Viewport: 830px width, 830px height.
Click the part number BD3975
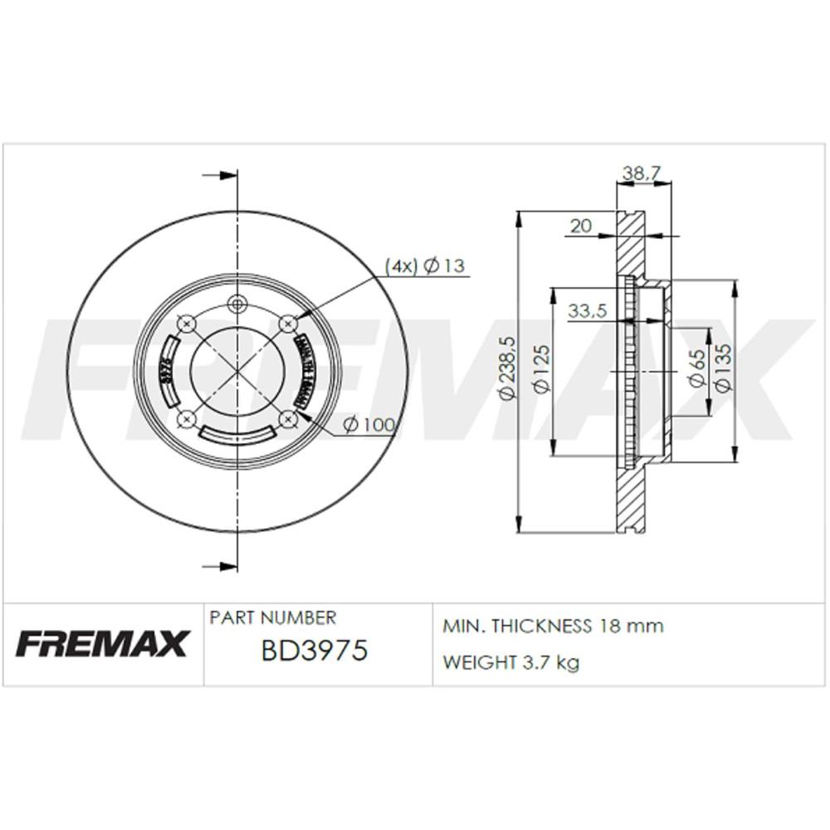pos(314,651)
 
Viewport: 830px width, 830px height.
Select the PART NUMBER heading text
pos(273,618)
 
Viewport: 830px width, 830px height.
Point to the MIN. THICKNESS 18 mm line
pos(554,626)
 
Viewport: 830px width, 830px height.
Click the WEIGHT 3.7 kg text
pos(511,662)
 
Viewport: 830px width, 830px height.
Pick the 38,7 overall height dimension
pos(641,173)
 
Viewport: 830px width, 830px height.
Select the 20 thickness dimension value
pos(581,225)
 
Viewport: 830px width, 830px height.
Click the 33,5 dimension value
pos(588,311)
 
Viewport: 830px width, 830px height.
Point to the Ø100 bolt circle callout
pos(368,424)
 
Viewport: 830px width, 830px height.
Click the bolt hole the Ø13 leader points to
pos(289,321)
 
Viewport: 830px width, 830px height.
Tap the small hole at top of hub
pos(238,302)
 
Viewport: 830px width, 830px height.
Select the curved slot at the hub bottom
pos(238,433)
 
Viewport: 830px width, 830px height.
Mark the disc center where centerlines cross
pos(238,369)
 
